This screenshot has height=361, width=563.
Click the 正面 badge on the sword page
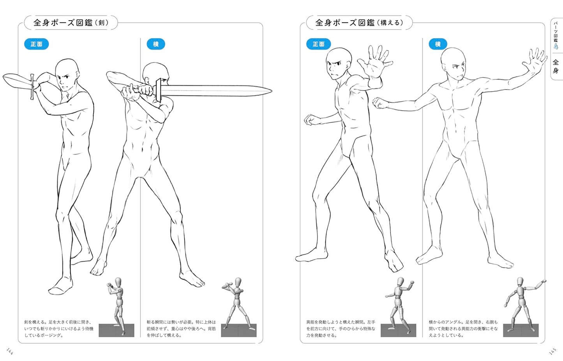pyautogui.click(x=37, y=44)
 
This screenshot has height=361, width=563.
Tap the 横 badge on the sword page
pyautogui.click(x=156, y=44)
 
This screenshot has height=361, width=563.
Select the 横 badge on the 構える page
pyautogui.click(x=438, y=44)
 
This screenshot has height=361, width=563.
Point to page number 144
pyautogui.click(x=10, y=351)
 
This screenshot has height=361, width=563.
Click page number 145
pyautogui.click(x=552, y=351)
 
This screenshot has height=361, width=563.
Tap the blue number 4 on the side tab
pyautogui.click(x=556, y=46)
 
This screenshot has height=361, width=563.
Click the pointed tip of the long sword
pyautogui.click(x=272, y=91)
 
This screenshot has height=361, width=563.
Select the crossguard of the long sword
pyautogui.click(x=158, y=90)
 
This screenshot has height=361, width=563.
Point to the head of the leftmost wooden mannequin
pyautogui.click(x=118, y=281)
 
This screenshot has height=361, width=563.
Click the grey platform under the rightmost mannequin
pyautogui.click(x=521, y=330)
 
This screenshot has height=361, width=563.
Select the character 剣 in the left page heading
pyautogui.click(x=101, y=23)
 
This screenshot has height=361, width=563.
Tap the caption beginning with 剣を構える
pyautogui.click(x=59, y=329)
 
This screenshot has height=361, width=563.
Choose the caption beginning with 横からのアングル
pyautogui.click(x=463, y=329)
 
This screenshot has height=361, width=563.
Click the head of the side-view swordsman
pyautogui.click(x=155, y=73)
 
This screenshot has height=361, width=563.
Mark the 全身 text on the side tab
pyautogui.click(x=556, y=66)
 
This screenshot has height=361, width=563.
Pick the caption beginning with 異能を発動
pyautogui.click(x=341, y=329)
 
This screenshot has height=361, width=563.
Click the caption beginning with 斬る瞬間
pyautogui.click(x=181, y=329)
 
